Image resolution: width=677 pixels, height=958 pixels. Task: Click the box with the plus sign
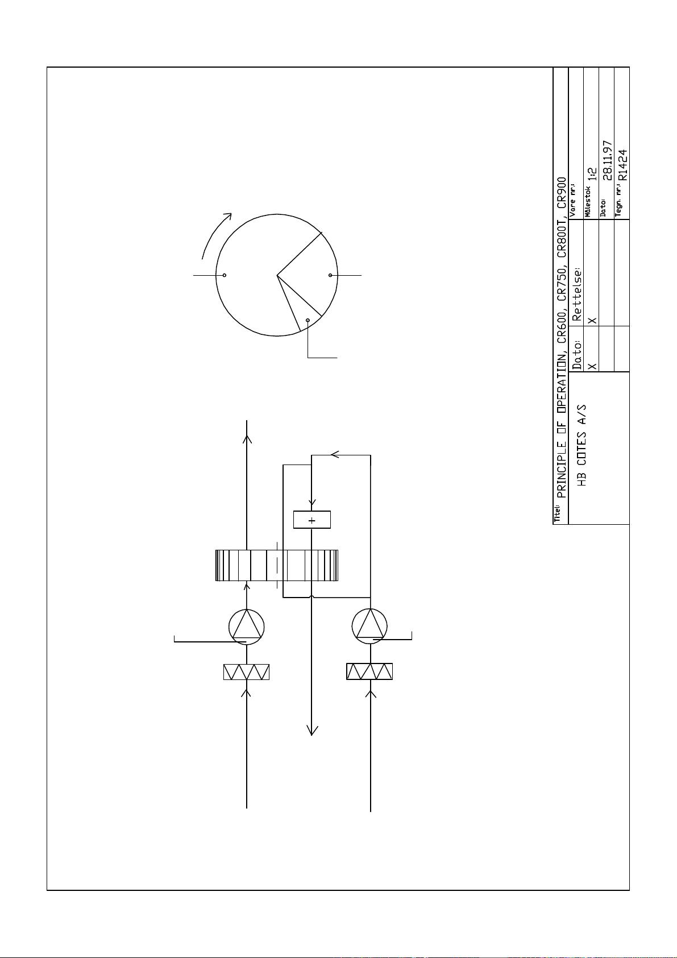[311, 520]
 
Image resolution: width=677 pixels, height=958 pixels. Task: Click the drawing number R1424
[622, 165]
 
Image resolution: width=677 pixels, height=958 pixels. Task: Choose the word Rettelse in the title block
[578, 295]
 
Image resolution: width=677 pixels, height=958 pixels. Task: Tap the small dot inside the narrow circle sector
[308, 320]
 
